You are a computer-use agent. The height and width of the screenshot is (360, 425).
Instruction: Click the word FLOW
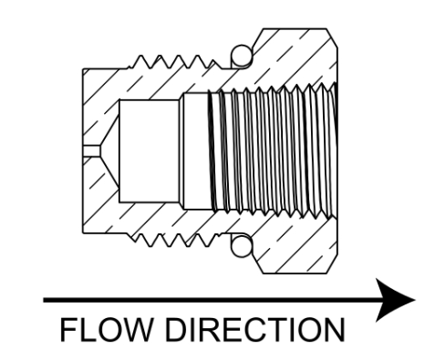(106, 330)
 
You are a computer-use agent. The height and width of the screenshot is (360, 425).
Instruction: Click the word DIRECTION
(255, 330)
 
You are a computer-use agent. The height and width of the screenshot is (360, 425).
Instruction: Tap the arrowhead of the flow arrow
(395, 300)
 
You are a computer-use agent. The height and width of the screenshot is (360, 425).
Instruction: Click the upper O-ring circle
(242, 57)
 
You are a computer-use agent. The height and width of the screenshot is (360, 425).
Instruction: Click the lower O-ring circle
(242, 246)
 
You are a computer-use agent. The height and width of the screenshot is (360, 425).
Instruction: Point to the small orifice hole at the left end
(91, 151)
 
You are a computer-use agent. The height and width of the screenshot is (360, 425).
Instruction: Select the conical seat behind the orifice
(109, 151)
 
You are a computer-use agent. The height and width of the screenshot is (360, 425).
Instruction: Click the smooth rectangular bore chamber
(149, 151)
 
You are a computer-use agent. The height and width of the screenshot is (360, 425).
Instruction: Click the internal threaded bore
(274, 151)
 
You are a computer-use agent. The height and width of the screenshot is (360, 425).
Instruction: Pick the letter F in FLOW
(67, 330)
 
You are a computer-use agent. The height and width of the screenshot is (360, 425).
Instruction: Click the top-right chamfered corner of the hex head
(333, 38)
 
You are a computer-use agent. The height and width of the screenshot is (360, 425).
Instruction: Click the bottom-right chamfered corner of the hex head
(333, 264)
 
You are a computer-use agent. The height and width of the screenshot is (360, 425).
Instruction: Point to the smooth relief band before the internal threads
(196, 151)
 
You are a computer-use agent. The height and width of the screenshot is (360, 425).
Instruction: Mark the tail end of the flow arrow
(44, 300)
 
